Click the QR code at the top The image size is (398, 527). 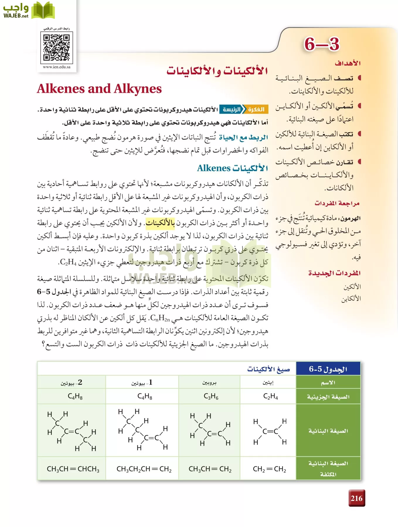coord(56,47)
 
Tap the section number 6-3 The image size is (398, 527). coord(322,44)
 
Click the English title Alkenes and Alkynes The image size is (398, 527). coord(99,89)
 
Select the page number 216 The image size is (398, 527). coord(356,498)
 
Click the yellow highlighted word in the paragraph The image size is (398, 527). coord(160,223)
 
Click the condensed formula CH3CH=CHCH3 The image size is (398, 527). coord(73,469)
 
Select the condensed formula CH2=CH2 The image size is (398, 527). coord(269,469)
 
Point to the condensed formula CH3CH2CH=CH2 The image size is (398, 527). coord(144,469)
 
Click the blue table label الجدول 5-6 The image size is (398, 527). coord(328,369)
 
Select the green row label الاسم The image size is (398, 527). coord(328,383)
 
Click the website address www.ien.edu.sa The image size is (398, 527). coord(57,67)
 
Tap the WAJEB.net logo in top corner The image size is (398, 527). coord(28,11)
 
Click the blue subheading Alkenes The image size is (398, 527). coord(232,168)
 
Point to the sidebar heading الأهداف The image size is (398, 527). coord(348,63)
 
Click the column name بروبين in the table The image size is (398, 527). coord(209,383)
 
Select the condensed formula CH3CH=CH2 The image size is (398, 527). coord(210,469)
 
